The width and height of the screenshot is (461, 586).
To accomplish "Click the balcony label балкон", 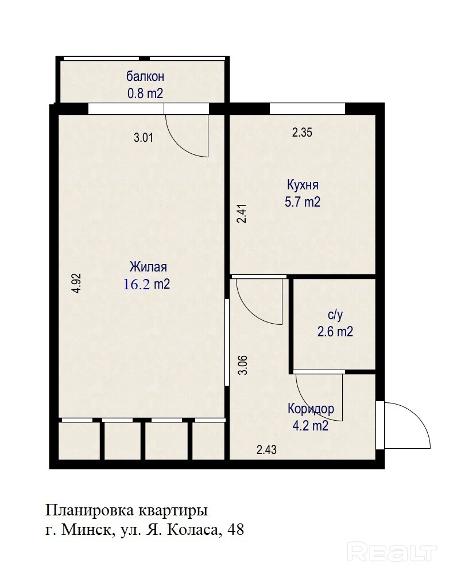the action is pyautogui.click(x=145, y=76).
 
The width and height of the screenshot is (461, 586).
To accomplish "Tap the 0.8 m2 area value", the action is pyautogui.click(x=145, y=93).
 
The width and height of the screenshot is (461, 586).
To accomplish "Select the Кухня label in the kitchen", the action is pyautogui.click(x=303, y=185).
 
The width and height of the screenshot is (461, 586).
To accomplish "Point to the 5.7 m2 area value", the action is pyautogui.click(x=303, y=202).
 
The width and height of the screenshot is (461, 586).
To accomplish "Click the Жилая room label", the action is pyautogui.click(x=148, y=267).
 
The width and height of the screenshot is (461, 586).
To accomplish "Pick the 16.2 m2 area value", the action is pyautogui.click(x=146, y=284).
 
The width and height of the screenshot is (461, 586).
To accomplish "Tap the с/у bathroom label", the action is pyautogui.click(x=335, y=315).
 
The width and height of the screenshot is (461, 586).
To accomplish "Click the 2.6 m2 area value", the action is pyautogui.click(x=335, y=332).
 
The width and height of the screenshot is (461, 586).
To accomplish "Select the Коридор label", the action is pyautogui.click(x=311, y=409).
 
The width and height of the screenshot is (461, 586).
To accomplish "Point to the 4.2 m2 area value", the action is pyautogui.click(x=311, y=426).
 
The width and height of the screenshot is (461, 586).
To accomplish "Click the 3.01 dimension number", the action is pyautogui.click(x=144, y=138).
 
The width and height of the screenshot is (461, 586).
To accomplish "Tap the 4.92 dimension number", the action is pyautogui.click(x=76, y=284).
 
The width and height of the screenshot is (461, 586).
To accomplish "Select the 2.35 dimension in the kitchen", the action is pyautogui.click(x=302, y=133).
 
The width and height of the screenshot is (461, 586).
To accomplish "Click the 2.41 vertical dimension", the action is pyautogui.click(x=242, y=214).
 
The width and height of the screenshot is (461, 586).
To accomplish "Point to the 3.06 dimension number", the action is pyautogui.click(x=243, y=365).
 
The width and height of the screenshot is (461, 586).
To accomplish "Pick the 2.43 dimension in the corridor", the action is pyautogui.click(x=266, y=449).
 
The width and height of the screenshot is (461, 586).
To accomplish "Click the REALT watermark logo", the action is pyautogui.click(x=392, y=552).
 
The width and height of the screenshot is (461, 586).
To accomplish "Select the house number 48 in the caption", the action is pyautogui.click(x=235, y=530).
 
